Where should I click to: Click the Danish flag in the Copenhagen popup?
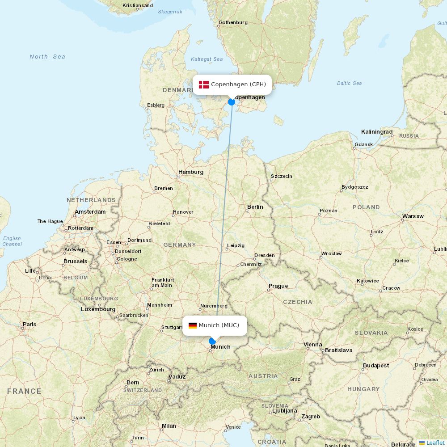click(204, 84)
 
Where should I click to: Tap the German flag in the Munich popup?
click(193, 325)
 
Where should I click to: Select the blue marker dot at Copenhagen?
click(232, 102)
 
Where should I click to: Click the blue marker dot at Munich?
click(212, 342)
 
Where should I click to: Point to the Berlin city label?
click(255, 207)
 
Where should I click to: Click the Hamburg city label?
click(191, 172)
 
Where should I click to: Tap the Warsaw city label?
click(413, 216)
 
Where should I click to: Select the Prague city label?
click(278, 286)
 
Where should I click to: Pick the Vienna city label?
click(312, 345)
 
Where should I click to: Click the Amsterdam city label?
click(90, 212)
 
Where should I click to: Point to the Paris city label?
click(30, 325)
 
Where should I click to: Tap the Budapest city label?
click(375, 366)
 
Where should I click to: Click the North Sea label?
click(47, 57)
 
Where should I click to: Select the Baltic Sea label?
click(350, 83)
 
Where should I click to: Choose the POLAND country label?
click(366, 207)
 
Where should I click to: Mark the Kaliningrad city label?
click(377, 132)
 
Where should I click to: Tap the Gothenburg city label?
click(233, 22)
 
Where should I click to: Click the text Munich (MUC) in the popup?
click(219, 325)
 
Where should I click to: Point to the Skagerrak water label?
click(170, 12)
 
